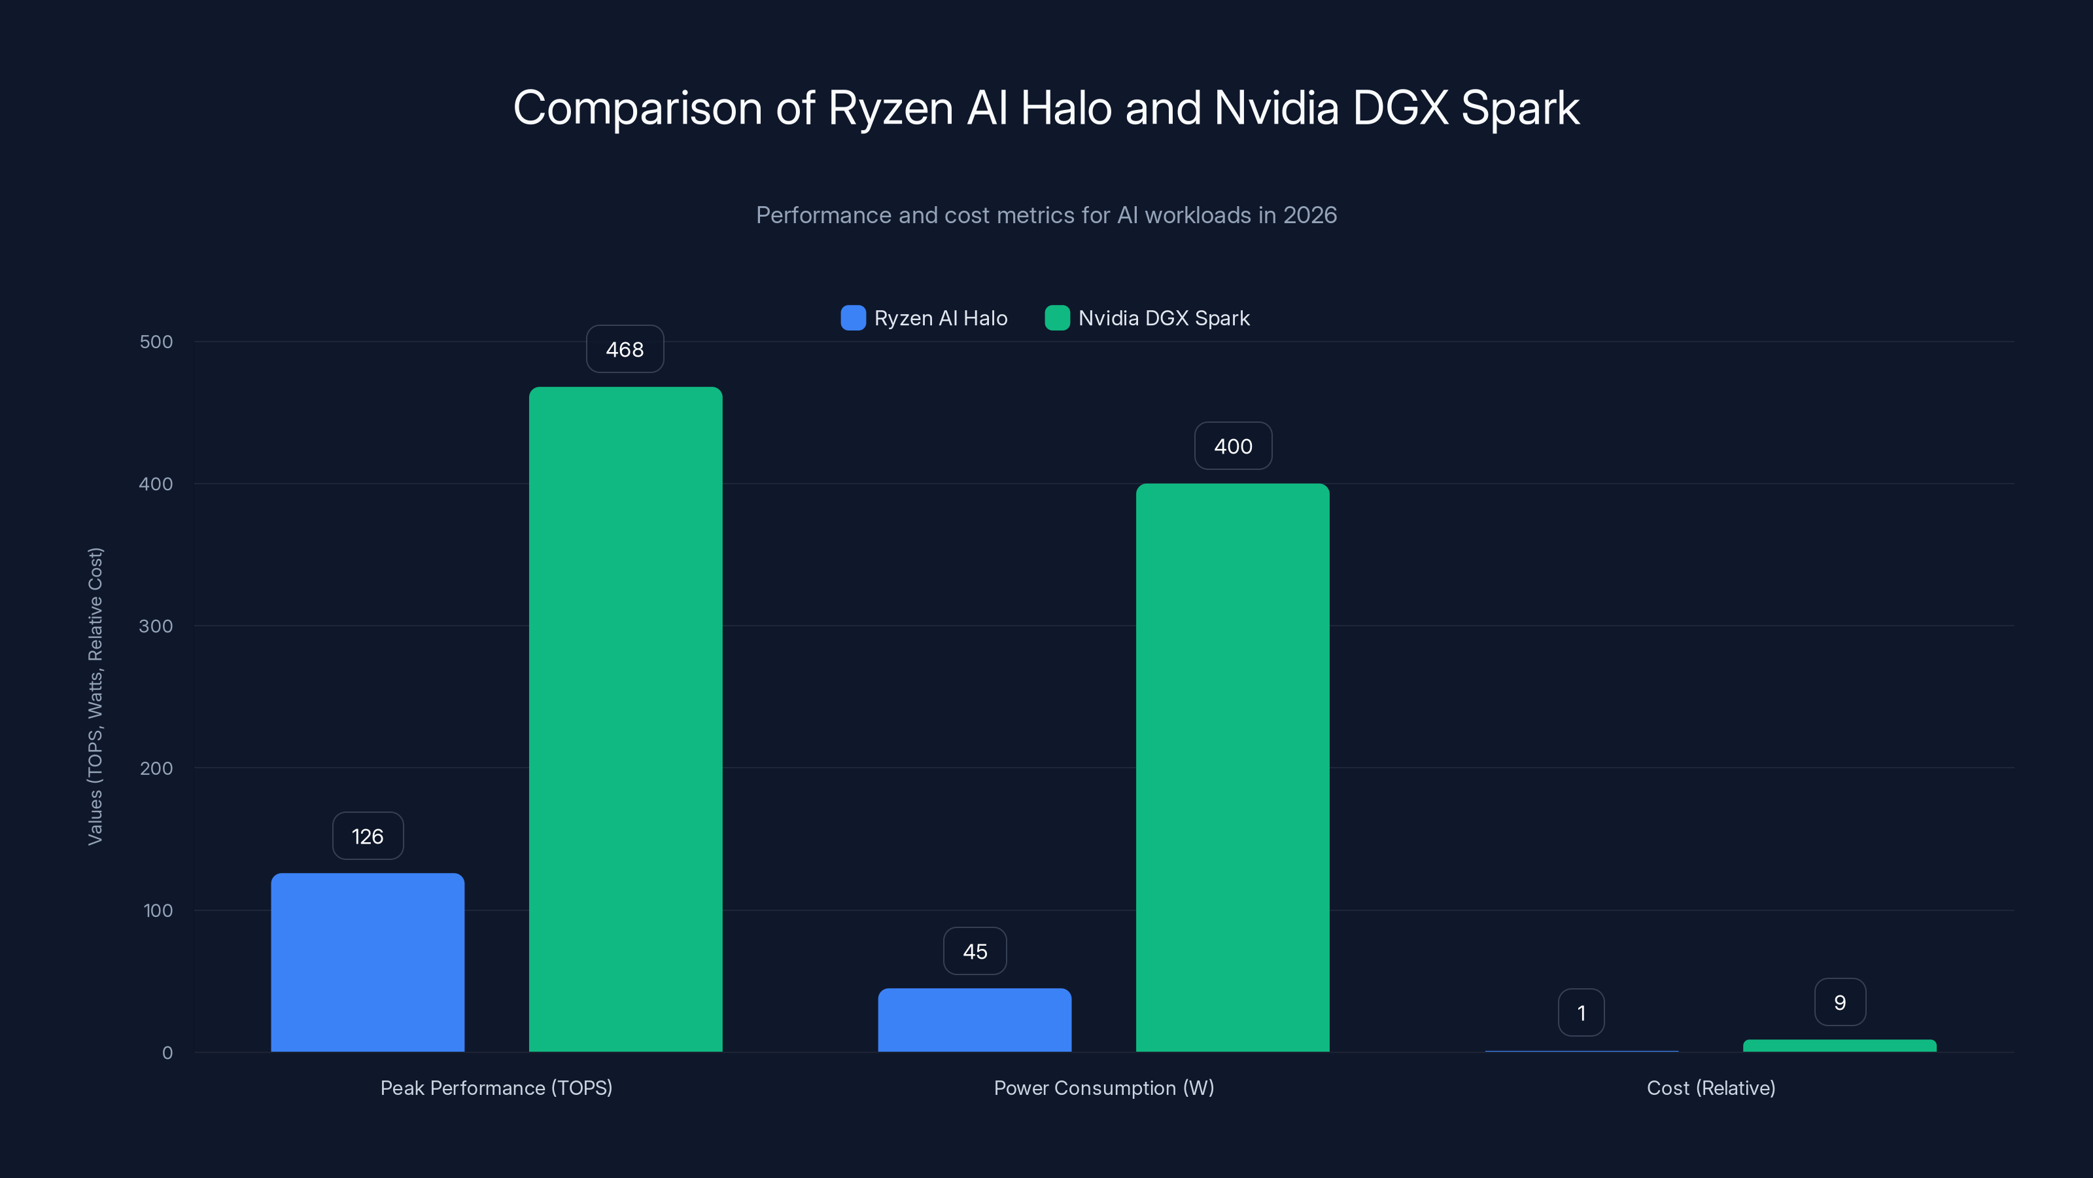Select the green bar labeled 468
click(626, 719)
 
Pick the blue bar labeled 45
click(974, 1020)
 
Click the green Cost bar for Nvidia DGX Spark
click(1839, 1046)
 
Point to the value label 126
click(367, 836)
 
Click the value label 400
click(1232, 446)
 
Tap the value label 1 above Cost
click(1581, 1012)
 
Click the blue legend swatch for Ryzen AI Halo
click(853, 318)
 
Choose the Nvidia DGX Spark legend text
click(1164, 318)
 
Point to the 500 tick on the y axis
click(156, 342)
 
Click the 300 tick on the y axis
click(156, 626)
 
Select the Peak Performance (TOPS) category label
click(496, 1088)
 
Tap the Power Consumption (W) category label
click(1103, 1088)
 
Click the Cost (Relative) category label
click(1710, 1088)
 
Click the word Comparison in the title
click(637, 108)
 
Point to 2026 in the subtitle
click(1309, 215)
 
